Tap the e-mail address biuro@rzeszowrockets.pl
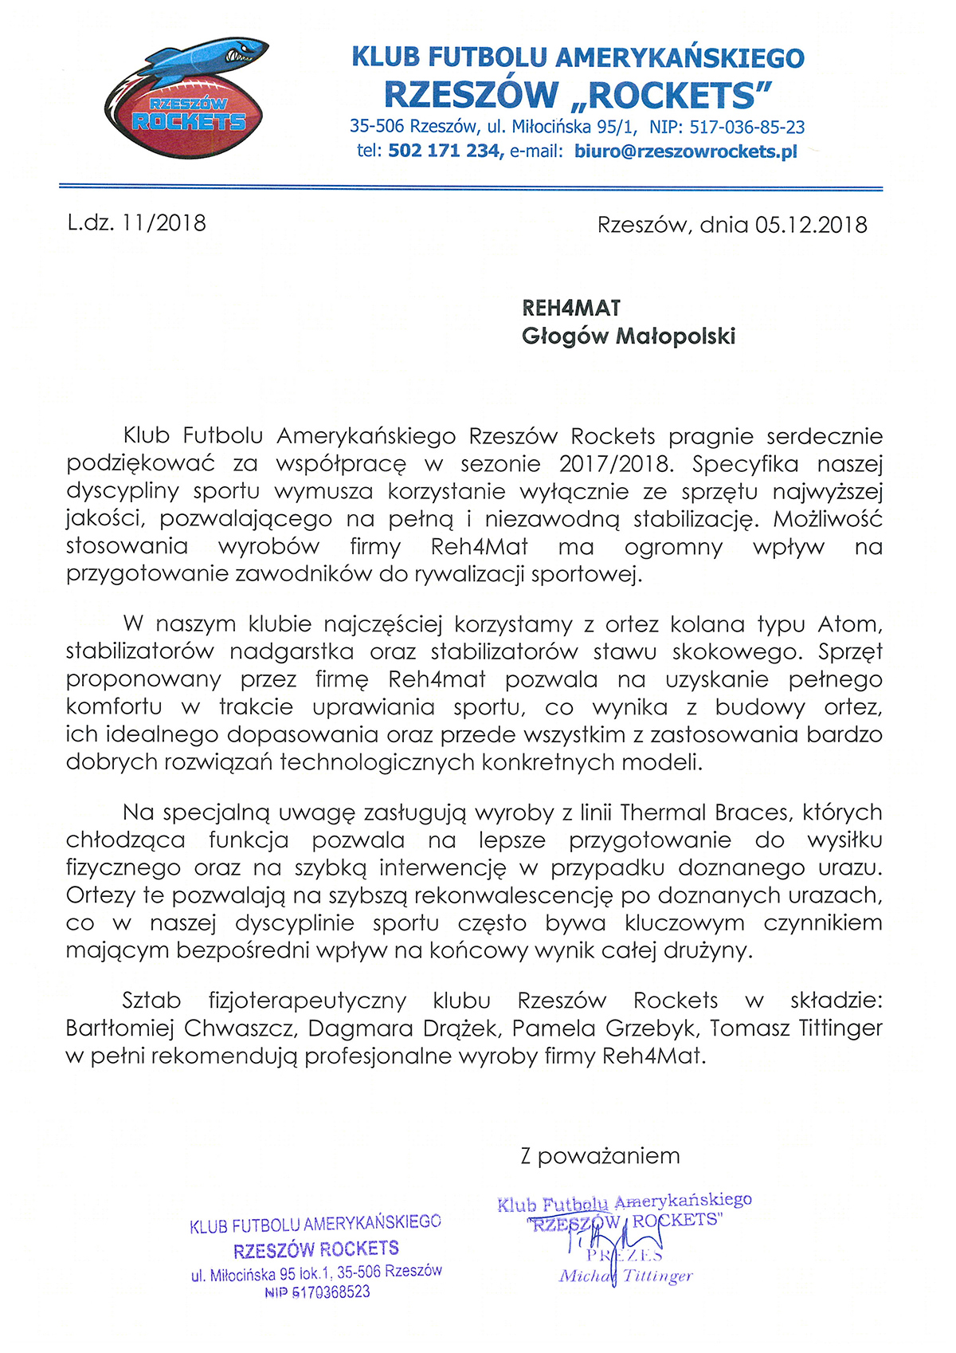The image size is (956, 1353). [x=685, y=151]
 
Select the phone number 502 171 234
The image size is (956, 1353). [x=444, y=151]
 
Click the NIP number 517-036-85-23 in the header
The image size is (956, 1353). [x=746, y=127]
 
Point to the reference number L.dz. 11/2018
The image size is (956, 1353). [x=136, y=223]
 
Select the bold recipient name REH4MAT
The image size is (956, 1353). [x=571, y=309]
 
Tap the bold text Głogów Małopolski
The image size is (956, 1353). [x=628, y=336]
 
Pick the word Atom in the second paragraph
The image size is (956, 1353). [x=849, y=624]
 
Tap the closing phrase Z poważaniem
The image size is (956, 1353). [x=600, y=1156]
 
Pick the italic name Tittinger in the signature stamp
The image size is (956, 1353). [x=657, y=1276]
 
